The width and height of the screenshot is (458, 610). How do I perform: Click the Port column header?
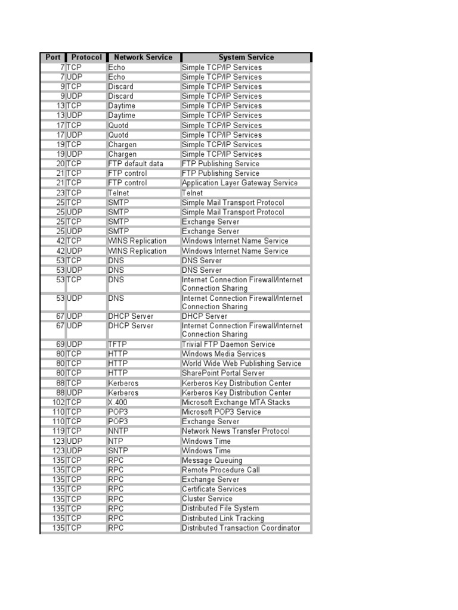(52, 57)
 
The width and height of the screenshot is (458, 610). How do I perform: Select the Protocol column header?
(86, 57)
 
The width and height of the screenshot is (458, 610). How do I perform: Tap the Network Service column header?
(143, 57)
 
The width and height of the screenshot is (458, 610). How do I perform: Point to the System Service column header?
(246, 57)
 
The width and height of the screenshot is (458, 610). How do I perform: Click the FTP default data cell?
(135, 164)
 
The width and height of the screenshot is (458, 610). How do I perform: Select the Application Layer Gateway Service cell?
(239, 183)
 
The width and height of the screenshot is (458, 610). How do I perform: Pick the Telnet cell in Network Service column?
(118, 193)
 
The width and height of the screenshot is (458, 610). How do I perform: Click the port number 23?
(60, 193)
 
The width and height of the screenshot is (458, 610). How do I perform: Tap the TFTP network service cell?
(117, 344)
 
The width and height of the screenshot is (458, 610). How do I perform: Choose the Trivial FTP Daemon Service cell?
(228, 344)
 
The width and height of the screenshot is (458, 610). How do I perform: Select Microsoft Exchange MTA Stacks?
(236, 402)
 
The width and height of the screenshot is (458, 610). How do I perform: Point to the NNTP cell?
(118, 431)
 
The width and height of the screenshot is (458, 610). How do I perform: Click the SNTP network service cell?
(118, 451)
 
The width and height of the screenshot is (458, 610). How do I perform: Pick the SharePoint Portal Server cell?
(223, 373)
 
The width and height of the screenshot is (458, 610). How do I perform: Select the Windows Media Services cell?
(224, 354)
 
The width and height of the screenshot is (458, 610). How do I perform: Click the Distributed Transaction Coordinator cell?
(241, 528)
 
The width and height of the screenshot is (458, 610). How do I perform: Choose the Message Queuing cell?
(212, 460)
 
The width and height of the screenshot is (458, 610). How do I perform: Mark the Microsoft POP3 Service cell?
(221, 412)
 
